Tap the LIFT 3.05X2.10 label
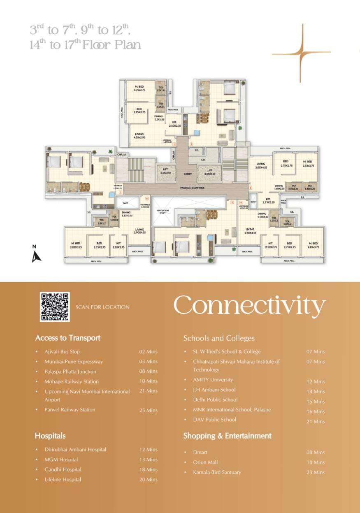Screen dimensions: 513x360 (x=210, y=172)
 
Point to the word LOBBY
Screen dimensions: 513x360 (x=188, y=174)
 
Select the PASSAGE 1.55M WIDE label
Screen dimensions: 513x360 (x=192, y=188)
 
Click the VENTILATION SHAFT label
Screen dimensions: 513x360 (x=163, y=211)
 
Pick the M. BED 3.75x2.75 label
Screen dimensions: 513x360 (x=140, y=88)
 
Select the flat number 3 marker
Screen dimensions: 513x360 (x=250, y=188)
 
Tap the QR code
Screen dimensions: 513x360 (x=55, y=307)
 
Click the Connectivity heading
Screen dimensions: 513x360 (x=249, y=305)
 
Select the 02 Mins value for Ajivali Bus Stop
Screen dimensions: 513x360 (x=148, y=352)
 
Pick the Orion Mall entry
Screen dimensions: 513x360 (x=205, y=462)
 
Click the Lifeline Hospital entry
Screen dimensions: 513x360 (x=63, y=480)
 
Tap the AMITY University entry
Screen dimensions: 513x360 (x=213, y=380)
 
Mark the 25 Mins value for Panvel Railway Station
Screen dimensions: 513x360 (x=148, y=410)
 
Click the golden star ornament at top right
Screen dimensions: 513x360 (x=302, y=53)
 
